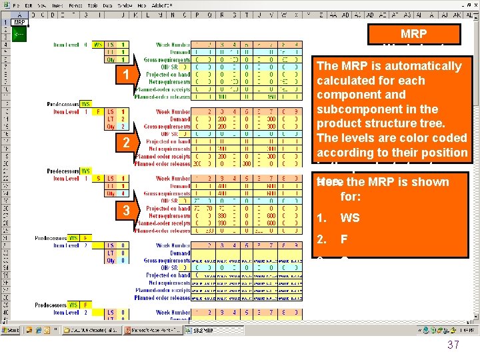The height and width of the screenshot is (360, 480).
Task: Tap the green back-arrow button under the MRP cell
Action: (x=19, y=34)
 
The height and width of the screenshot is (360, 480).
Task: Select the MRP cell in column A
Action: (x=19, y=22)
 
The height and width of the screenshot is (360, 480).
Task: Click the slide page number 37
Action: (x=453, y=345)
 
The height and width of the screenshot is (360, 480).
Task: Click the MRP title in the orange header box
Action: (x=414, y=33)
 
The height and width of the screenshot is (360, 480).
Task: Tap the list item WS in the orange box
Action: (x=350, y=217)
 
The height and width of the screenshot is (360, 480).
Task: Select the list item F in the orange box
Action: (x=344, y=239)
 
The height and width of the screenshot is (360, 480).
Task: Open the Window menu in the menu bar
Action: (x=125, y=5)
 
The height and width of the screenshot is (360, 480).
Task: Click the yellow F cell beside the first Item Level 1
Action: (x=99, y=111)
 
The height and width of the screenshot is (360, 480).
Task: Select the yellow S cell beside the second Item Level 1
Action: (x=99, y=178)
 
